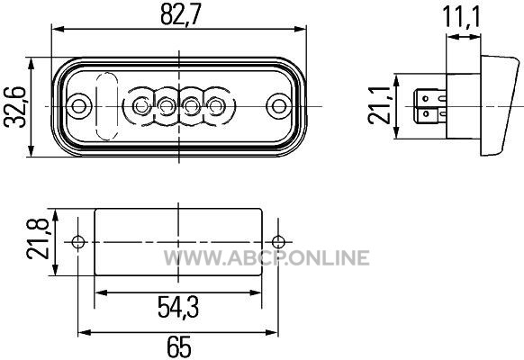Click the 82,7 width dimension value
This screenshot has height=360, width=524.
181,15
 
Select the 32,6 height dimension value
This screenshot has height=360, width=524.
14,107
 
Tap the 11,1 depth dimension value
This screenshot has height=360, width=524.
461,17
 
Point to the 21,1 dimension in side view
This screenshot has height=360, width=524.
379,105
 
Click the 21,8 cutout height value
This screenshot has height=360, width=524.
38,238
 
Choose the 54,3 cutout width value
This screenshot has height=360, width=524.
178,307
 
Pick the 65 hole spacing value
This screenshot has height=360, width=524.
179,346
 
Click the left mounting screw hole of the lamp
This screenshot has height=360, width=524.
79,106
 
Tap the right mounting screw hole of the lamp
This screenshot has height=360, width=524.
278,106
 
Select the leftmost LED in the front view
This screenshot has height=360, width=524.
140,106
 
